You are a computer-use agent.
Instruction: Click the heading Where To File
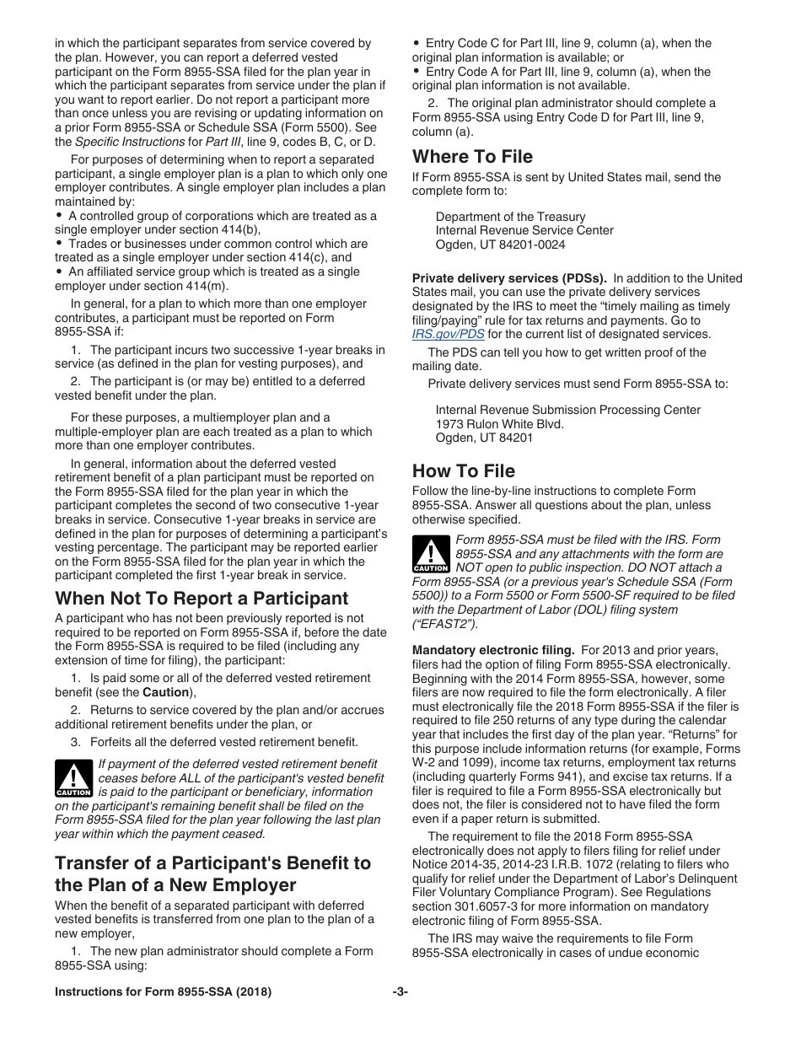click(472, 157)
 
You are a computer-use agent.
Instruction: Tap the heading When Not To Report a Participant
click(202, 599)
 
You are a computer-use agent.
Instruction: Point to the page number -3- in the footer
click(400, 992)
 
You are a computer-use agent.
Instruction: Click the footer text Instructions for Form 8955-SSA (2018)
click(163, 992)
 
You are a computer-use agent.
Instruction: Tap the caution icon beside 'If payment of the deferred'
click(73, 778)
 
